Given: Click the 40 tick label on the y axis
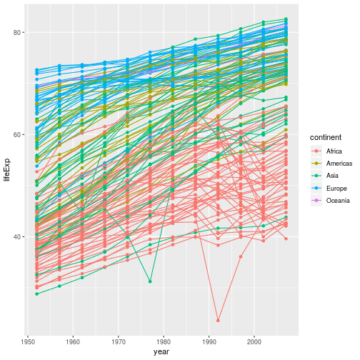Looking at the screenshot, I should tap(18, 237).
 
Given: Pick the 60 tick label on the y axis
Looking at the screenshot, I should tap(18, 135).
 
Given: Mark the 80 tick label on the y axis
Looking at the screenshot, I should tap(18, 33).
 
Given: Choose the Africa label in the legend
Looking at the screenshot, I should tap(334, 151).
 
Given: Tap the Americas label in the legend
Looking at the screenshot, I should tap(338, 164).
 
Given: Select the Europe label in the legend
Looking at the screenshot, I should tap(335, 189).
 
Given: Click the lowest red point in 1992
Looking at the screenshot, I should tap(219, 320).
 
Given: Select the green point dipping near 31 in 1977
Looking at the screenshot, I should tap(150, 281).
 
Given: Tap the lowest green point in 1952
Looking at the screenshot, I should tap(36, 294).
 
